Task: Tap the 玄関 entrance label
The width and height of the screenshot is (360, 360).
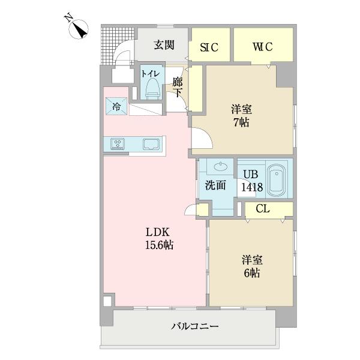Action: click(163, 44)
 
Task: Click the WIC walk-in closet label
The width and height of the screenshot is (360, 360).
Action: click(263, 47)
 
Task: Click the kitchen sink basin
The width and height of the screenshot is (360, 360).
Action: click(150, 144)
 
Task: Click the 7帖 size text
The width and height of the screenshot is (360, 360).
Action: click(242, 122)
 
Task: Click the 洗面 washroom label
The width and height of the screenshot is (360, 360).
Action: click(215, 186)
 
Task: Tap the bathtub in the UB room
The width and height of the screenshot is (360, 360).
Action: click(276, 179)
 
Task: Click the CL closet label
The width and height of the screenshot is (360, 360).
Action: click(262, 209)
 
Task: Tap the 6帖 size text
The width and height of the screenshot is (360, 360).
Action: click(251, 272)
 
